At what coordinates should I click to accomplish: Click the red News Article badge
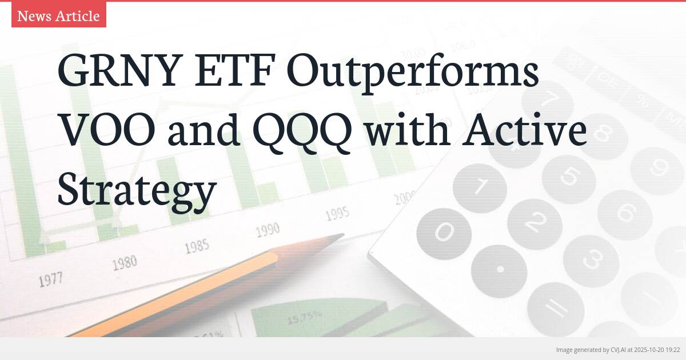pyautogui.click(x=58, y=16)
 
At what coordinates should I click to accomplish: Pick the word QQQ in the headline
pyautogui.click(x=304, y=131)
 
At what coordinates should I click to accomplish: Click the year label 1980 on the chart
pyautogui.click(x=124, y=263)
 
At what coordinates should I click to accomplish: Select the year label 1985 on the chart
pyautogui.click(x=197, y=246)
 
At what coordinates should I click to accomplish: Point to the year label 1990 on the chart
pyautogui.click(x=267, y=230)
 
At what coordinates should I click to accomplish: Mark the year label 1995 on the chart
pyautogui.click(x=337, y=214)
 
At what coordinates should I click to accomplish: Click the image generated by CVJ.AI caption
pyautogui.click(x=617, y=350)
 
